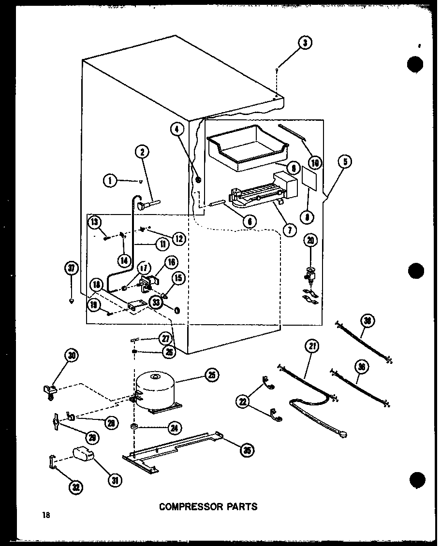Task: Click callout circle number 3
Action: (x=304, y=43)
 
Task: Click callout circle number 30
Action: (x=72, y=356)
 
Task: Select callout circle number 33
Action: (x=156, y=302)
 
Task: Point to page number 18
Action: (x=46, y=515)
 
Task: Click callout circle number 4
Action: (x=177, y=129)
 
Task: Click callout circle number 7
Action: (x=289, y=230)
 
